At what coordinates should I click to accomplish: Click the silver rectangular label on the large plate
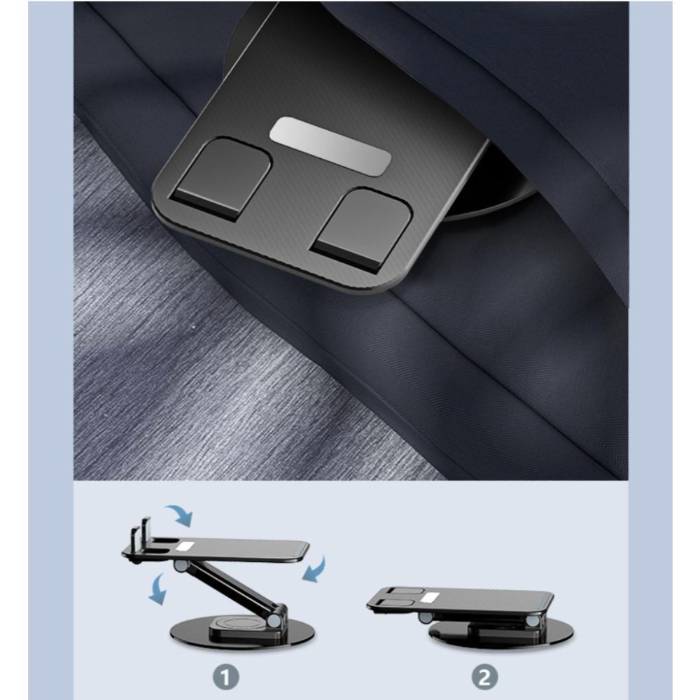[x=330, y=146]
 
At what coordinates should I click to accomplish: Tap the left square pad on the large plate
[x=221, y=179]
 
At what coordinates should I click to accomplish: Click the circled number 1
[x=226, y=677]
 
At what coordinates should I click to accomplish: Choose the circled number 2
[x=485, y=677]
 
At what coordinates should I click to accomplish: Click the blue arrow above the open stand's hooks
[x=179, y=514]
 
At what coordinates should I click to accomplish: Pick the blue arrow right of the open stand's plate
[x=315, y=569]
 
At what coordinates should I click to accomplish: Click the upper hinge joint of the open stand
[x=181, y=567]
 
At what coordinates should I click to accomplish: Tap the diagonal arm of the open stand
[x=230, y=589]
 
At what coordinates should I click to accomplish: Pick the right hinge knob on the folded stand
[x=533, y=622]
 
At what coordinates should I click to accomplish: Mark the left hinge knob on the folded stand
[x=426, y=617]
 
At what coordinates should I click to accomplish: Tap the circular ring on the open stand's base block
[x=238, y=623]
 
